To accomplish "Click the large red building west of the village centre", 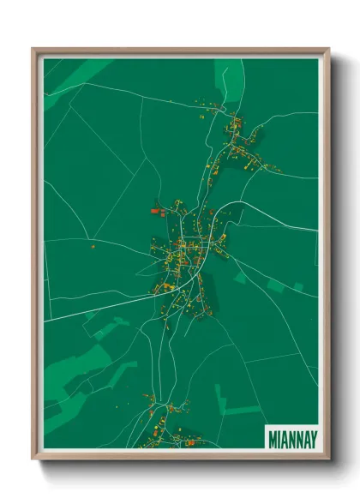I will click(156, 209).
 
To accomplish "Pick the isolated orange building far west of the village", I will click(93, 246).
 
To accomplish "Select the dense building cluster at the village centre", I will click(182, 253).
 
